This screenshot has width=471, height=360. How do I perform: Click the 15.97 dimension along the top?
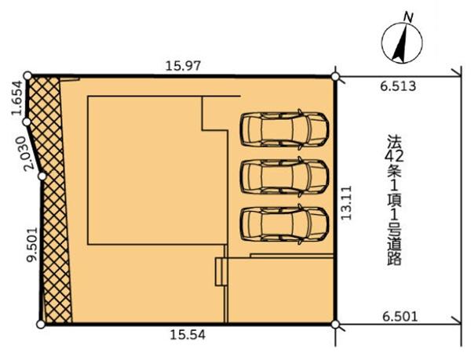183,66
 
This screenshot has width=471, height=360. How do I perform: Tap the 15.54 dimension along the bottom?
188,335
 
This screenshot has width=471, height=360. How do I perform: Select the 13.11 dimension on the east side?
346,203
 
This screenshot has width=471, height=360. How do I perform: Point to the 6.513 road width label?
398,86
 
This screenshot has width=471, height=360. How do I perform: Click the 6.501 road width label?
400,317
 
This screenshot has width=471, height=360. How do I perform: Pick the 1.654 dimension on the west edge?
16,98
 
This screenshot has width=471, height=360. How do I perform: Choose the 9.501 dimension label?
31,245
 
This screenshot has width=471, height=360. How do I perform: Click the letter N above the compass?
408,17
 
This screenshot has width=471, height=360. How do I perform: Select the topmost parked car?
284,129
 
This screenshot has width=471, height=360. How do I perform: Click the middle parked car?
284,176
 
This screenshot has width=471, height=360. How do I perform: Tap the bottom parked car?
284,224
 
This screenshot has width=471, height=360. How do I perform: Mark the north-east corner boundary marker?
335,77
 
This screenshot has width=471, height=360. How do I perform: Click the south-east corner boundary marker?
335,324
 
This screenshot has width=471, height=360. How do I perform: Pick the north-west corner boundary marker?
27,75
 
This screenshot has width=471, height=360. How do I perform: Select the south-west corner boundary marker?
41,325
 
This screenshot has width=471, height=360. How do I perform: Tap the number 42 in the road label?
394,156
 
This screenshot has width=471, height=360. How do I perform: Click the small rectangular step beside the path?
220,272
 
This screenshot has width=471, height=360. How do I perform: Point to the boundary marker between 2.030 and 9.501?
42,176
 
